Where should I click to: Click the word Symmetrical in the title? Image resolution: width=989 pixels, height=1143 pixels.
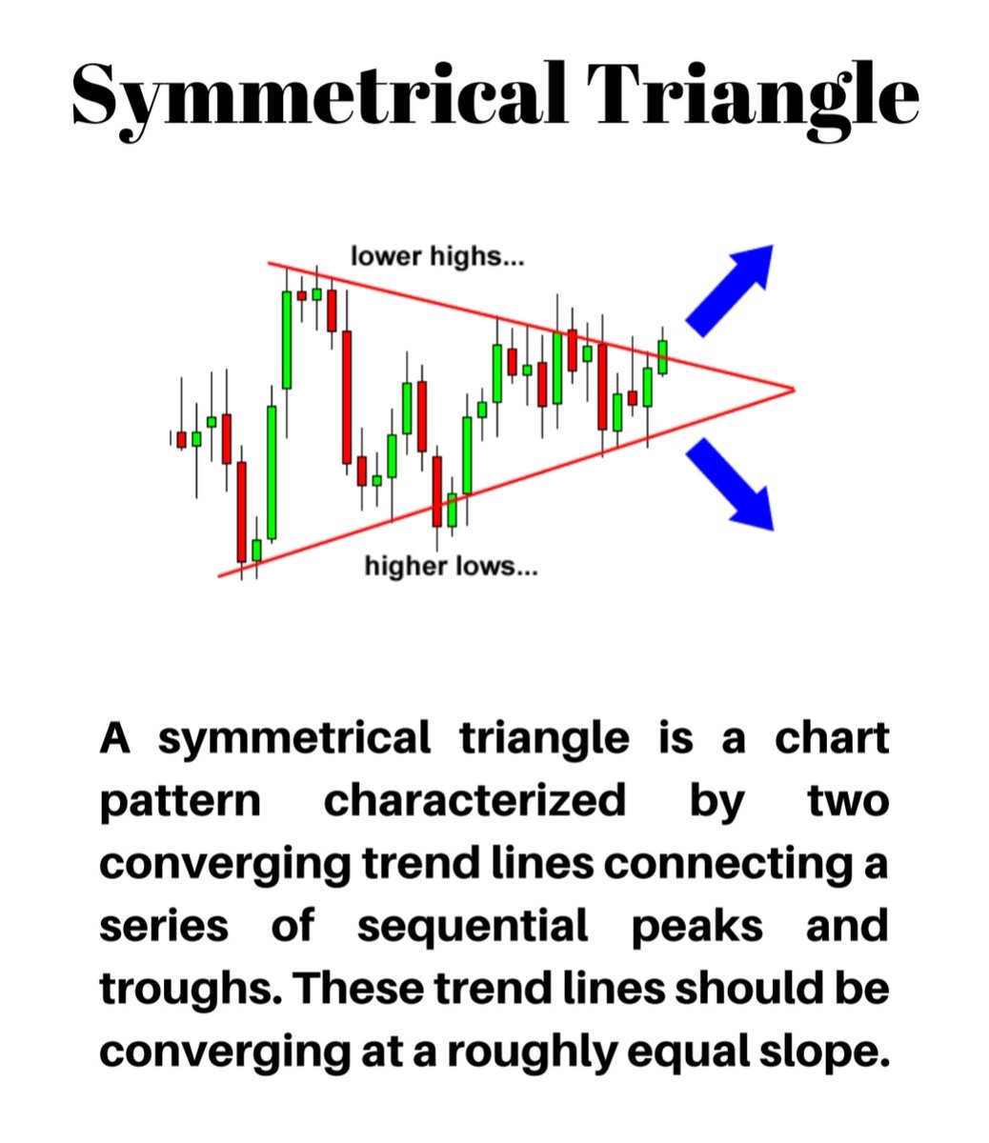[x=319, y=95]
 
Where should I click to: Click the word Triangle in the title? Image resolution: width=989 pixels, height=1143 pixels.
[x=752, y=95]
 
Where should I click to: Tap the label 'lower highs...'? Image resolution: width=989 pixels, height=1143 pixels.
[x=437, y=256]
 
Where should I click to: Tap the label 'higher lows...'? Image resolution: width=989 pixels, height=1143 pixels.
[x=451, y=568]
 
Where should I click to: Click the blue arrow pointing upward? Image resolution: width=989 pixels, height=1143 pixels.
[x=732, y=287]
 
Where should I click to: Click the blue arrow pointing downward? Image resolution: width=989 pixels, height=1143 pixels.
[x=731, y=483]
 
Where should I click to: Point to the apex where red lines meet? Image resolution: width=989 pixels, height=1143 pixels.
[x=792, y=389]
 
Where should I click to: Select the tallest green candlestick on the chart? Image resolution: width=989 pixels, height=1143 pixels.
[x=287, y=340]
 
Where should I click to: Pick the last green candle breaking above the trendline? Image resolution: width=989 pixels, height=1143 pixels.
[x=663, y=356]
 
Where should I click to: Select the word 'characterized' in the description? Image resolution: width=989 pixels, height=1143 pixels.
[x=474, y=801]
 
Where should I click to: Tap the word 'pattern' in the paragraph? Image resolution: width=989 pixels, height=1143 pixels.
[x=180, y=801]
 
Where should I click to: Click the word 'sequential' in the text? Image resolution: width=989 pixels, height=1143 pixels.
[x=473, y=926]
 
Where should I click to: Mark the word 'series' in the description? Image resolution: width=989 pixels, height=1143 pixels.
[x=164, y=926]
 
